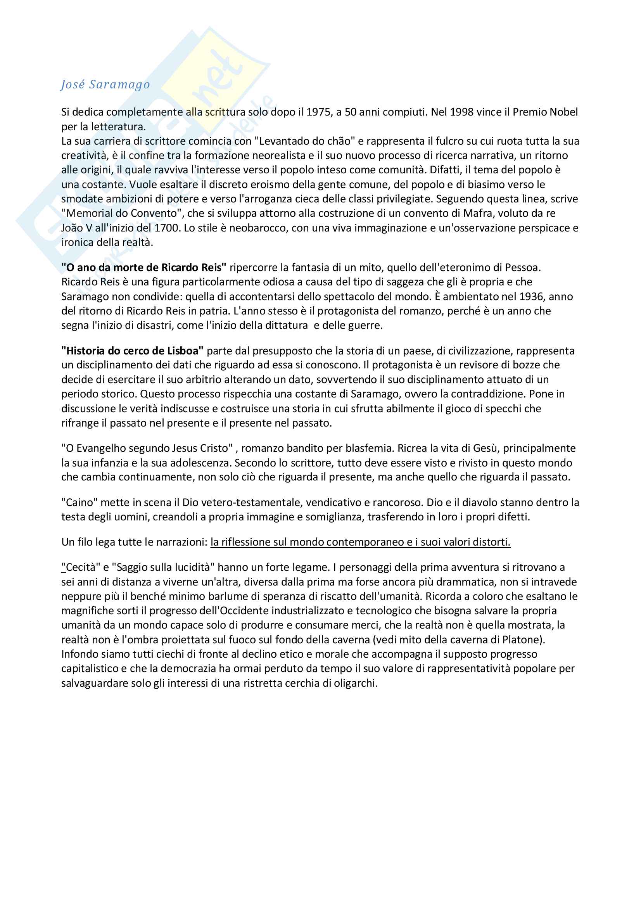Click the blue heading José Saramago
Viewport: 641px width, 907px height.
tap(105, 85)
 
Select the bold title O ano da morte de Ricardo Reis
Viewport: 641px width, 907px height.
tap(144, 268)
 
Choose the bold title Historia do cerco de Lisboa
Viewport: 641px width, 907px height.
tap(132, 351)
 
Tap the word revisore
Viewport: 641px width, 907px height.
tap(479, 365)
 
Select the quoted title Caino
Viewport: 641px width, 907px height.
tap(79, 503)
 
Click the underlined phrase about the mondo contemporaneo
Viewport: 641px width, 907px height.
tap(360, 542)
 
